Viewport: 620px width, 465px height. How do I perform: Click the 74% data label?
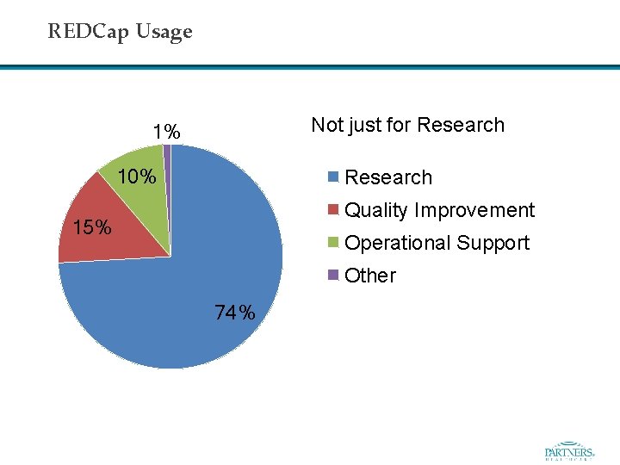(235, 313)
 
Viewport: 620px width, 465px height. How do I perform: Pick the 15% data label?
(92, 228)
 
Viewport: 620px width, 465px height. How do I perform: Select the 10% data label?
(137, 177)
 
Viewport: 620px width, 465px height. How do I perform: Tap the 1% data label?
(166, 132)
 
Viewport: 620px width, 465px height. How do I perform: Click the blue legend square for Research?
(333, 178)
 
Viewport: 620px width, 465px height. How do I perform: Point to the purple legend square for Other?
(333, 276)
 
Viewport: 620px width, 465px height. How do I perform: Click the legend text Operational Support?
(437, 243)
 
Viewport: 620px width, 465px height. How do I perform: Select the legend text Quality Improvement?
(439, 210)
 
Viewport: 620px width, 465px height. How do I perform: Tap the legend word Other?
(370, 276)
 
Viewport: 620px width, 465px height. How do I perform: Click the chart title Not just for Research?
(407, 125)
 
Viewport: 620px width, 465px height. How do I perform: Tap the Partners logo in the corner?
(569, 451)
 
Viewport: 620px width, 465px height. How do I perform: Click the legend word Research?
(388, 177)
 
